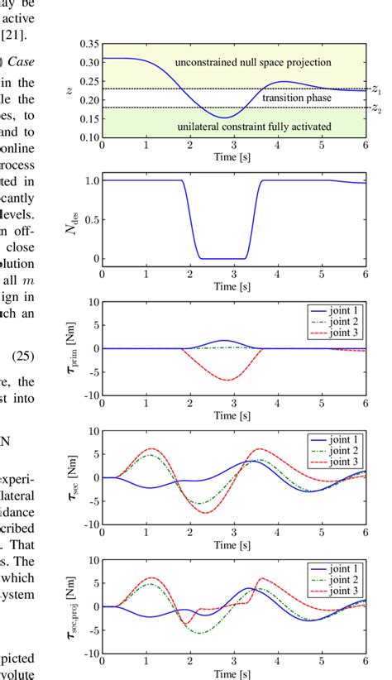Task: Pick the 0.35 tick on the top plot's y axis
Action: coord(88,44)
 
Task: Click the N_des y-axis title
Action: coord(73,219)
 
